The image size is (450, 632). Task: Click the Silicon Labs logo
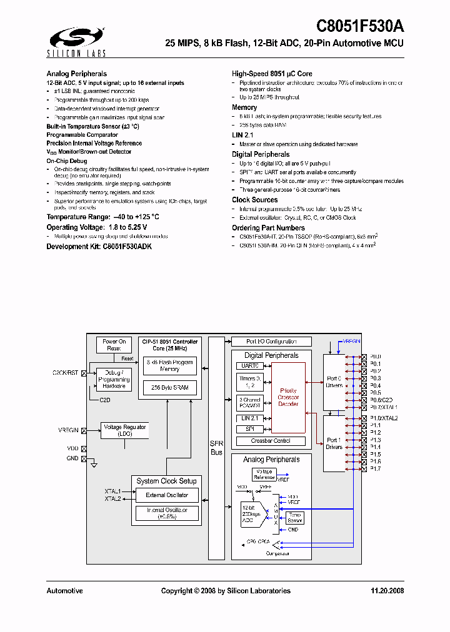(69, 38)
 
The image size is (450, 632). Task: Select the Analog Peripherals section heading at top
(76, 74)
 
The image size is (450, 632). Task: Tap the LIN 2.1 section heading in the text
(242, 135)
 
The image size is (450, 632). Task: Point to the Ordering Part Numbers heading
(268, 228)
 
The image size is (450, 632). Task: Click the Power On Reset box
(114, 345)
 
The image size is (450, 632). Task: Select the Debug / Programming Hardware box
(114, 379)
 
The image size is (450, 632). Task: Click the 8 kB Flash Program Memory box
(169, 365)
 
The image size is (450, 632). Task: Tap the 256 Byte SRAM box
(169, 387)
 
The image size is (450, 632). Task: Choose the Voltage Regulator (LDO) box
(125, 430)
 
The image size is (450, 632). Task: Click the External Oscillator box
(167, 495)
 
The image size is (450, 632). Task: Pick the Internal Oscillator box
(167, 513)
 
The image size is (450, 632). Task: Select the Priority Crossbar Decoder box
(288, 397)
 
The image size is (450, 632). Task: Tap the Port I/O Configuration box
(271, 342)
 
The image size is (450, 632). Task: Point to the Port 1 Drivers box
(334, 443)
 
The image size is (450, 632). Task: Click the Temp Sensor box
(295, 518)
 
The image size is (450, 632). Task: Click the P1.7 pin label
(376, 468)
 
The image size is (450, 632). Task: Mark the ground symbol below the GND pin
(93, 465)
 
